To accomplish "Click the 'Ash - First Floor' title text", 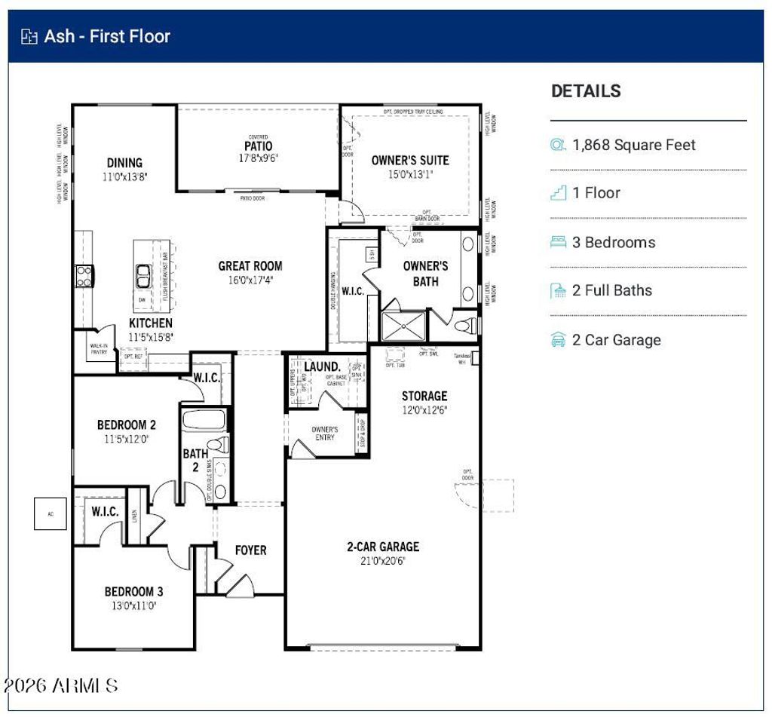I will pyautogui.click(x=107, y=36).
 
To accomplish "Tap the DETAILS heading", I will pyautogui.click(x=586, y=91).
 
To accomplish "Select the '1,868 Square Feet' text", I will pyautogui.click(x=634, y=145).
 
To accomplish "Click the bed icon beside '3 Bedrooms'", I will pyautogui.click(x=558, y=242).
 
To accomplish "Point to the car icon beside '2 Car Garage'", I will pyautogui.click(x=558, y=340).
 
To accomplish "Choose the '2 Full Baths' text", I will pyautogui.click(x=611, y=290).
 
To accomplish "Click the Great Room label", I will pyautogui.click(x=250, y=265).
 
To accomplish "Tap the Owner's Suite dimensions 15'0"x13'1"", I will pyautogui.click(x=410, y=174).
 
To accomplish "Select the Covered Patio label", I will pyautogui.click(x=258, y=146).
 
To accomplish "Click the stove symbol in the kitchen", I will pyautogui.click(x=83, y=275).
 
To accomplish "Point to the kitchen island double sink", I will pyautogui.click(x=142, y=277).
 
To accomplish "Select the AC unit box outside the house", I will pyautogui.click(x=51, y=514).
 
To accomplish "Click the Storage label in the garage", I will pyautogui.click(x=424, y=396).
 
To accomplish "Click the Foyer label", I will pyautogui.click(x=250, y=550).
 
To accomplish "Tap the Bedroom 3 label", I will pyautogui.click(x=133, y=591).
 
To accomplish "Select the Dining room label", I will pyautogui.click(x=124, y=162).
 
